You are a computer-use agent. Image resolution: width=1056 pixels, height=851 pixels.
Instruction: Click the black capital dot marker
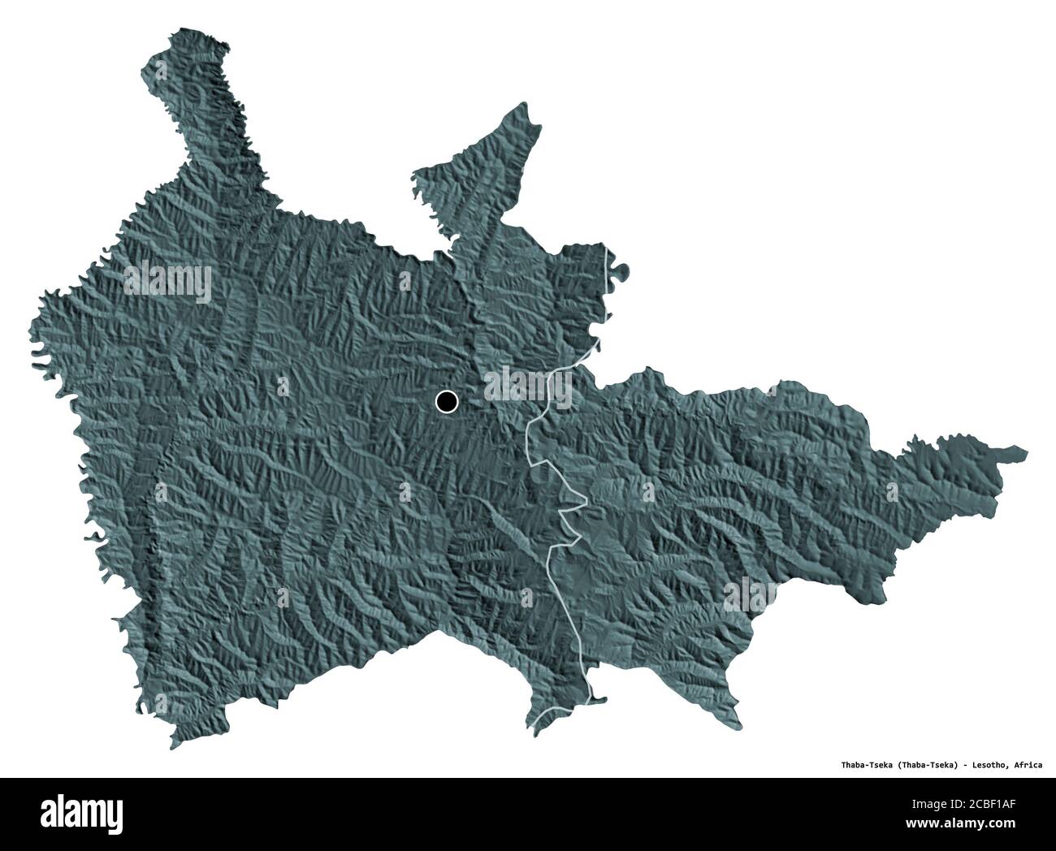coord(447,401)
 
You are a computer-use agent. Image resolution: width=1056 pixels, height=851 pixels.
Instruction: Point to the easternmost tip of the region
coord(1026,451)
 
